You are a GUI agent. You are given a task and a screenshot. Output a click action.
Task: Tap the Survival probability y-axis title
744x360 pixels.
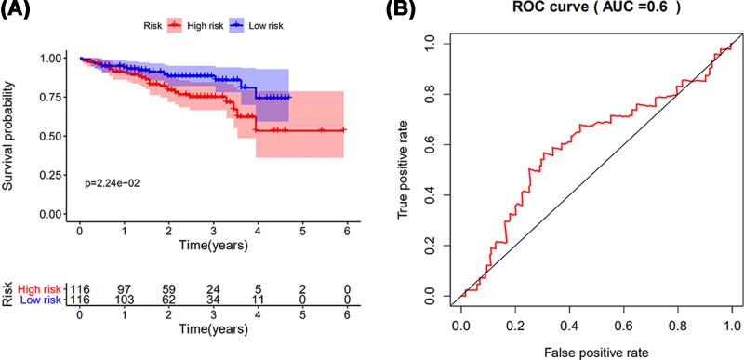(8, 136)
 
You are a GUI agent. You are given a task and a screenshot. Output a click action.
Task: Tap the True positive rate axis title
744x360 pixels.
(404, 167)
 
